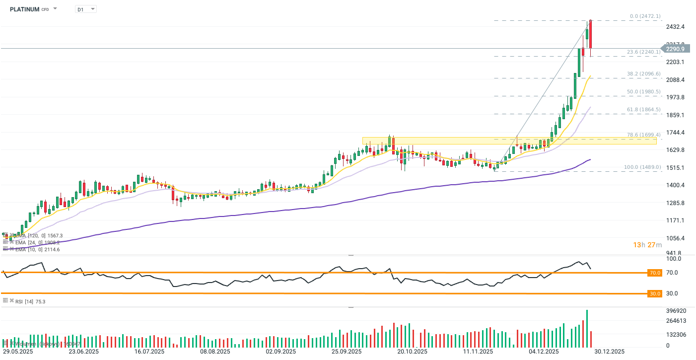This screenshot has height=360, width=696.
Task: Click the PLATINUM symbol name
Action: click(x=24, y=9)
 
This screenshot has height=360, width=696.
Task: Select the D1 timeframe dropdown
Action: click(x=85, y=9)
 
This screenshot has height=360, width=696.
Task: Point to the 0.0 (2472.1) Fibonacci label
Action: click(x=644, y=16)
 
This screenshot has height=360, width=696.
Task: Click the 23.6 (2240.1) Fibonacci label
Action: click(x=643, y=52)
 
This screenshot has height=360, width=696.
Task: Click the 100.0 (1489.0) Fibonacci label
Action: click(x=642, y=167)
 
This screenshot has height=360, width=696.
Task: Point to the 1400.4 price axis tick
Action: click(x=676, y=185)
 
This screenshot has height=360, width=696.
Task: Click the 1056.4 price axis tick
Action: click(x=676, y=238)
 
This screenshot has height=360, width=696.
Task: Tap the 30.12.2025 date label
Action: click(x=609, y=352)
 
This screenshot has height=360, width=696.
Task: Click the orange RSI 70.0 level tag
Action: click(x=655, y=273)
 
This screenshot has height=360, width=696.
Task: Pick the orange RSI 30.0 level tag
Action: click(x=655, y=293)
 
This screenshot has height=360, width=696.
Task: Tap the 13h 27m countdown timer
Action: click(x=647, y=245)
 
